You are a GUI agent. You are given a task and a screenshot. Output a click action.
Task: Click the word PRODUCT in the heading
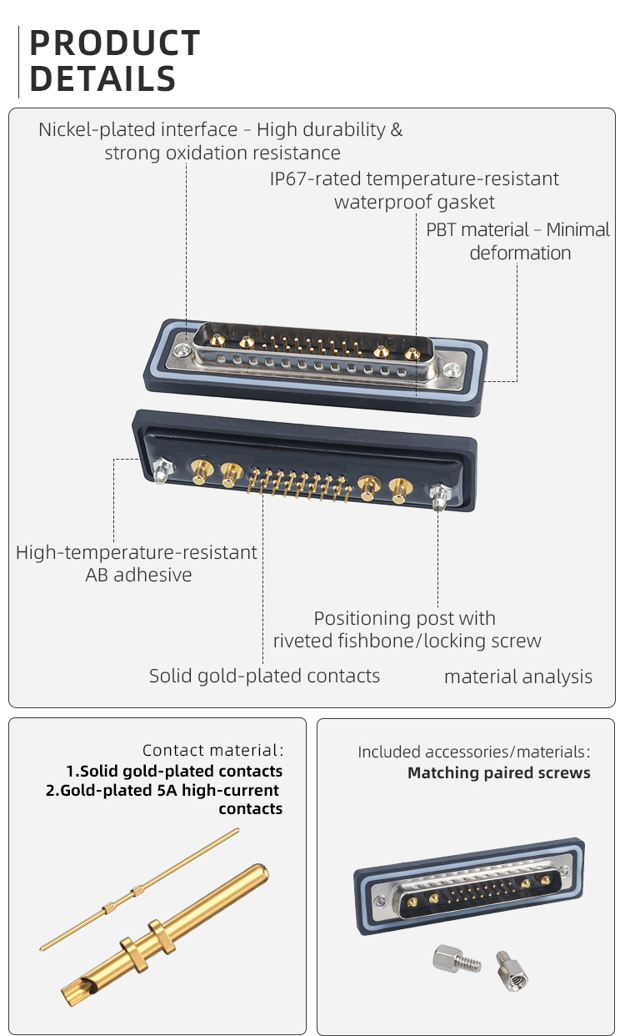click(115, 43)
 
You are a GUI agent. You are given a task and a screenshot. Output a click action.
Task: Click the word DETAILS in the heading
click(102, 79)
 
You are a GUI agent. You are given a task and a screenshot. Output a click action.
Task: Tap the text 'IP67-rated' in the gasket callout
click(315, 179)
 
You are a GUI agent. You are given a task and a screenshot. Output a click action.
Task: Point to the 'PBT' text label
click(442, 229)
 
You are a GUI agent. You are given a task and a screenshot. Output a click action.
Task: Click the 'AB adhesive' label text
click(138, 575)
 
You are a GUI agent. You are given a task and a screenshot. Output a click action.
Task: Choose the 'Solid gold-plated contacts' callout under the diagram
click(264, 676)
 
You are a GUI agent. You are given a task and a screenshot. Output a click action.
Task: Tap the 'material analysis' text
click(517, 676)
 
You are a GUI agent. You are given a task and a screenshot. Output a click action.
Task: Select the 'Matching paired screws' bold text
click(498, 773)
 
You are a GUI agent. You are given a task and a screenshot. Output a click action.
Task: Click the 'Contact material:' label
click(212, 751)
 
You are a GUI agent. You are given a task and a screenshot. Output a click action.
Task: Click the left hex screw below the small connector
click(451, 959)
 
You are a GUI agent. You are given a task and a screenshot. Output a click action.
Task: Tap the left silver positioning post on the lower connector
click(161, 472)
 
